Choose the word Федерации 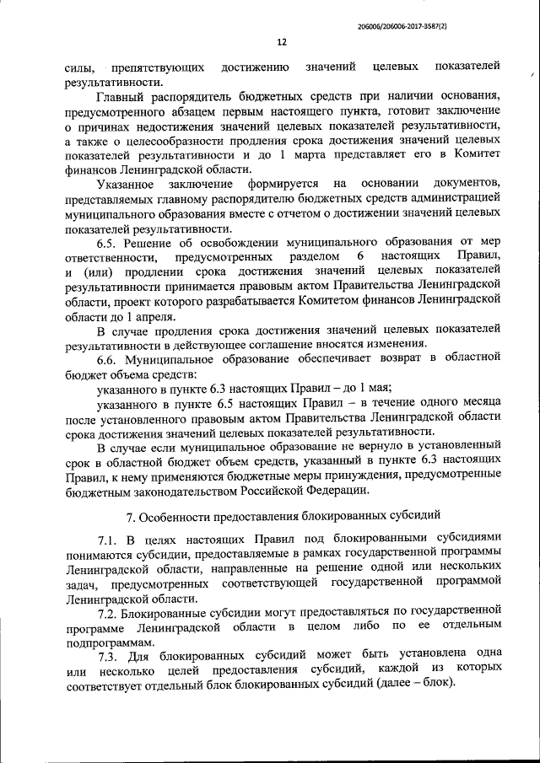(x=338, y=492)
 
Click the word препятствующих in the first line (x=155, y=66)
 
